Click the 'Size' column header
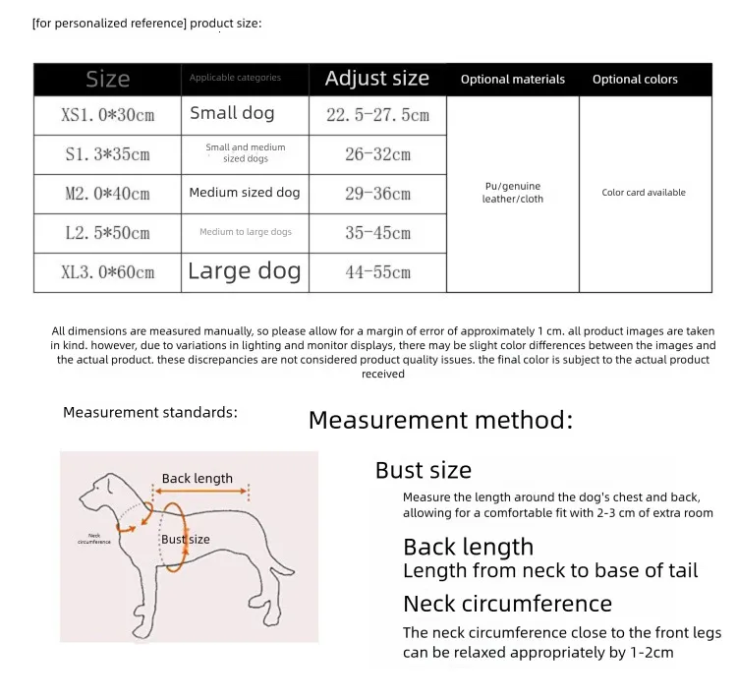[107, 80]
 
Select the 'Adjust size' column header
[377, 79]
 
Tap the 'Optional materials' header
[513, 80]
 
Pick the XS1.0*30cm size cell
[108, 115]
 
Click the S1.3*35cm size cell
[108, 154]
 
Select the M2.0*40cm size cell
[108, 194]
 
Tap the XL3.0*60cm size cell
[108, 272]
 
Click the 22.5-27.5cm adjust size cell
[377, 115]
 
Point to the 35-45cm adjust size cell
[377, 233]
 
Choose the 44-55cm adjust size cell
[377, 272]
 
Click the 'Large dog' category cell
[245, 271]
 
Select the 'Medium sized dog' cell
[245, 193]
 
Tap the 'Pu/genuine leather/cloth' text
[512, 193]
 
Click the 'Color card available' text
[644, 193]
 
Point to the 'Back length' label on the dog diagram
[198, 479]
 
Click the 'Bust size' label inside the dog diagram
[186, 539]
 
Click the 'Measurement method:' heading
[440, 421]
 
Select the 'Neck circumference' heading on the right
[507, 604]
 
